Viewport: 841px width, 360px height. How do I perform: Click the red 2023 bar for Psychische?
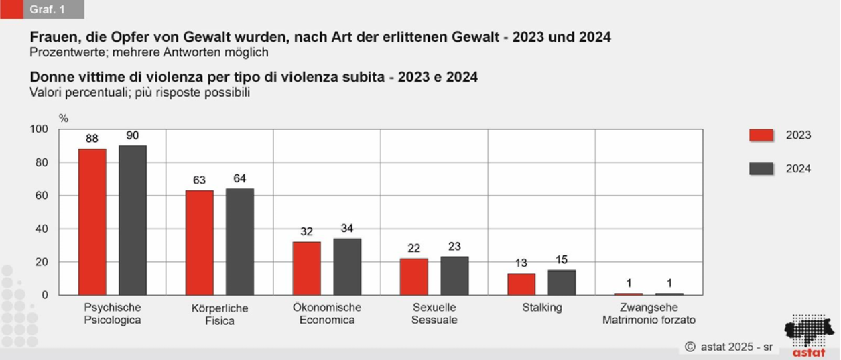[x=92, y=222]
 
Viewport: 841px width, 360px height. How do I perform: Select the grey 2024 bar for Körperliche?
[x=240, y=242]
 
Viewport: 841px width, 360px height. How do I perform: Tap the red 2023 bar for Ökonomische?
[x=306, y=268]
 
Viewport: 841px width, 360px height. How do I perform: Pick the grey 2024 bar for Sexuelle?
[x=454, y=276]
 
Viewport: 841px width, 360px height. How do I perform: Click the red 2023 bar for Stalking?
[x=521, y=284]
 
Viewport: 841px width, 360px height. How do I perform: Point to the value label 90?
[x=133, y=135]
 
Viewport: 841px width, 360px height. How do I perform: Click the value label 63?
[x=199, y=180]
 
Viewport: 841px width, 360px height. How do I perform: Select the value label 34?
[x=347, y=229]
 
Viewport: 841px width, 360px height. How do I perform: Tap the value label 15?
[x=562, y=260]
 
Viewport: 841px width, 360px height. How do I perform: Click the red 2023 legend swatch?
[x=761, y=135]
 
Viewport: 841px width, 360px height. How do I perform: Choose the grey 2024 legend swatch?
[x=761, y=169]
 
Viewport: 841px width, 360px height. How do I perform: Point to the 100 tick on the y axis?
[x=40, y=129]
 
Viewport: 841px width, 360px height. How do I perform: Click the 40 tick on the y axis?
[x=43, y=229]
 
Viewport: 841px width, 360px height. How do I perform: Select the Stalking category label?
[x=541, y=308]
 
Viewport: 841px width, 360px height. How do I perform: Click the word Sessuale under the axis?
[x=434, y=320]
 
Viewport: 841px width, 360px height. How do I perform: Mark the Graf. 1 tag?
[x=43, y=9]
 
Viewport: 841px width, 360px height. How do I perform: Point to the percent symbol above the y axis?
[x=64, y=118]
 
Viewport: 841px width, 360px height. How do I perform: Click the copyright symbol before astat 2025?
[x=690, y=347]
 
